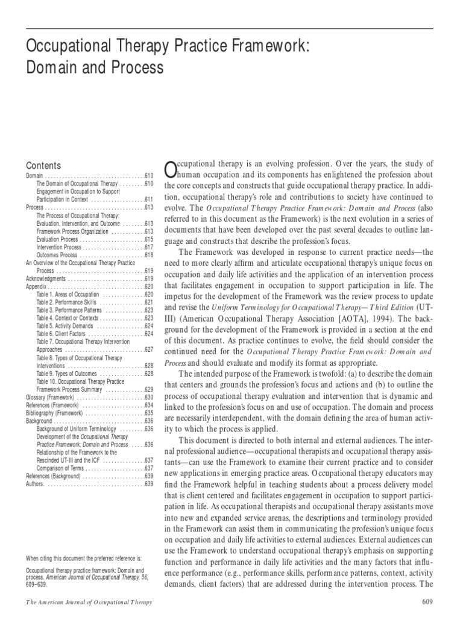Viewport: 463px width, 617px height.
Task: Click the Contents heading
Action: [x=44, y=165]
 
